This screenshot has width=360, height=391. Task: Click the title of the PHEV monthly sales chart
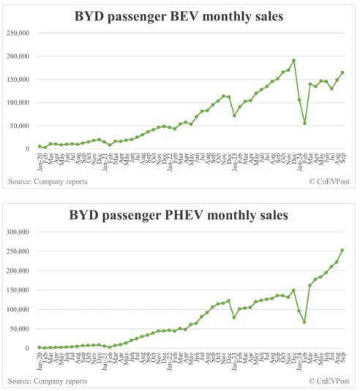point(180,216)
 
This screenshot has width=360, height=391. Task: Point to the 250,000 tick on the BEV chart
point(18,34)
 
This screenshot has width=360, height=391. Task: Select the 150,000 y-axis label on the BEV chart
point(18,80)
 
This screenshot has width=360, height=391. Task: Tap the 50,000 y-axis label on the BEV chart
point(20,126)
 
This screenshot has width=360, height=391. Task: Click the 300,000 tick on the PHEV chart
point(18,232)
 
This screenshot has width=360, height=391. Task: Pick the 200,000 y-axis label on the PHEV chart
point(18,271)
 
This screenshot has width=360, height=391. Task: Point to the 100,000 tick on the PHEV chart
point(18,310)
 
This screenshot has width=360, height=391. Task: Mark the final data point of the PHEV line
point(342,251)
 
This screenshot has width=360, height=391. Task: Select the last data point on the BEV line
point(342,72)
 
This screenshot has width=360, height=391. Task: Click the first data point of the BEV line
point(40,146)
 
